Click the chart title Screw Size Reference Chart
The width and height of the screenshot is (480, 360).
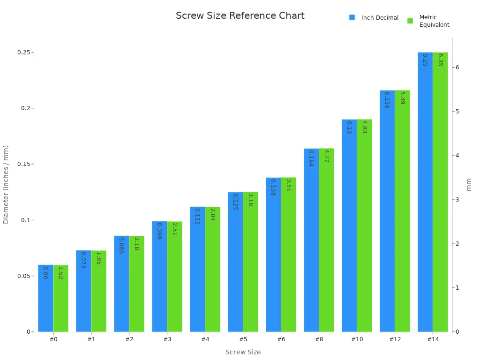[240, 16]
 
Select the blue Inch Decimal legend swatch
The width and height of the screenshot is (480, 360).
[352, 17]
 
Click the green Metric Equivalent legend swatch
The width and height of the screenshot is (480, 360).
[410, 21]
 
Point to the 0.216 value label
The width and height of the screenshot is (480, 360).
[387, 100]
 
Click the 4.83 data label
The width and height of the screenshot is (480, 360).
[364, 127]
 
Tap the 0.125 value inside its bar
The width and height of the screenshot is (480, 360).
[235, 202]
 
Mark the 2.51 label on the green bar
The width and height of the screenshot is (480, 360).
[174, 229]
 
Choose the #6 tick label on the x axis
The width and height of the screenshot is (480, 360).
[281, 339]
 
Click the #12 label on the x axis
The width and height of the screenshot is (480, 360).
[395, 339]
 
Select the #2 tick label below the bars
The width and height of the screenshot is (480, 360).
[129, 339]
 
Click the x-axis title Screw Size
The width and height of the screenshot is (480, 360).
[243, 352]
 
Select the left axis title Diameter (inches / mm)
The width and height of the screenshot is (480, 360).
[6, 184]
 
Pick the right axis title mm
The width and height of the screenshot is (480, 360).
[469, 184]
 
